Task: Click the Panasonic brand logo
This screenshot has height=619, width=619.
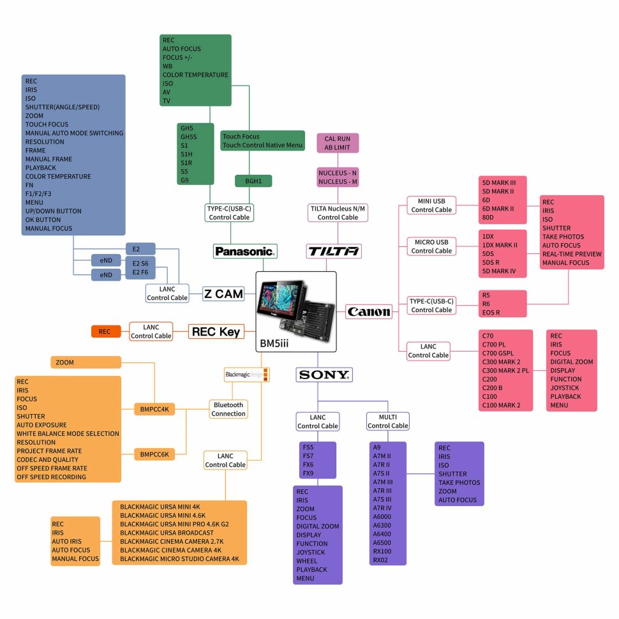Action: pos(246,251)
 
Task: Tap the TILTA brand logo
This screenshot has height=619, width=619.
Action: pos(334,251)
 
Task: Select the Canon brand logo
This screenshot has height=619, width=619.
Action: pos(369,312)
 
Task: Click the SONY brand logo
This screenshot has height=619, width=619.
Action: pos(324,375)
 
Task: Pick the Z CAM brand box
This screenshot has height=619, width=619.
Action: pos(223,294)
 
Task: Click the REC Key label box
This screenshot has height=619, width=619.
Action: pos(216,331)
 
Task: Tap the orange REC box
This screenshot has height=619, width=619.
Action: pos(105,331)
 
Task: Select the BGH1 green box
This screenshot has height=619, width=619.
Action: pos(253,181)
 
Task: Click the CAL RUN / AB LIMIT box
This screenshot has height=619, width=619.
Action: pos(338,143)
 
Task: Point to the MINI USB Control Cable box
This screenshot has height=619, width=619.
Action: pos(431,205)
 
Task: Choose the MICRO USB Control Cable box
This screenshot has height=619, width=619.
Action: pos(431,246)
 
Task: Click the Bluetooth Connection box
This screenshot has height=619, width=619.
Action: pos(228,409)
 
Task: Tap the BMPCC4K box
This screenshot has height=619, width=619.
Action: pos(154,409)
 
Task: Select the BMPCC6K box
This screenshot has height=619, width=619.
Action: pos(154,454)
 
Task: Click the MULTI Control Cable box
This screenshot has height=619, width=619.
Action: pos(387,421)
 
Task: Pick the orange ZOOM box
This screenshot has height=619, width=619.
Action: pos(86,362)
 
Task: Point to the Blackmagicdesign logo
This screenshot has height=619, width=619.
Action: pos(247,375)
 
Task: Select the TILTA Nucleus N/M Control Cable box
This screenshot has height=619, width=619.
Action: pos(338,213)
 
